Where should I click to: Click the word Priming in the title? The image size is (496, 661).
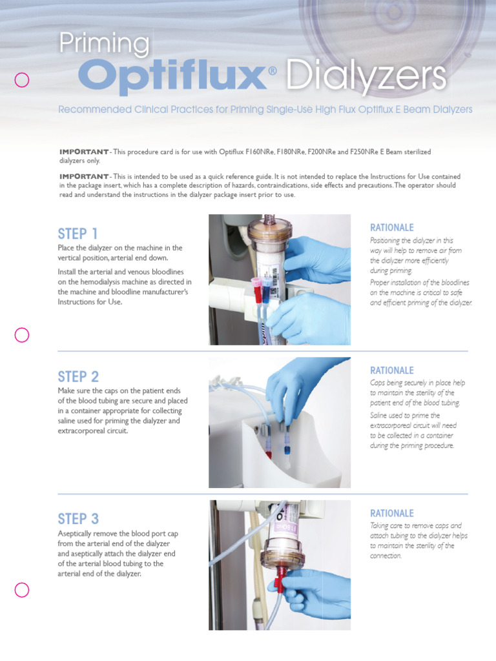click(104, 45)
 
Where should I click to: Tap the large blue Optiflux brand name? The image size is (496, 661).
click(173, 76)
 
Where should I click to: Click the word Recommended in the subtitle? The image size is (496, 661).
click(93, 110)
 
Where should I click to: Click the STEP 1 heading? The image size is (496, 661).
click(78, 234)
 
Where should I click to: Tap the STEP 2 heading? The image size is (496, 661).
click(78, 376)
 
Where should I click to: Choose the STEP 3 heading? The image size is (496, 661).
click(78, 519)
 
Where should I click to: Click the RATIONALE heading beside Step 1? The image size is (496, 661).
click(391, 228)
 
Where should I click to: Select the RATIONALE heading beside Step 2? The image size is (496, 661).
click(391, 371)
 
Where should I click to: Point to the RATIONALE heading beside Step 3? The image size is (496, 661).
click(391, 513)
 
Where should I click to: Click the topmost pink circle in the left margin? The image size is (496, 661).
click(22, 80)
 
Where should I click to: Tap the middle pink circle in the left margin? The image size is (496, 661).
click(22, 334)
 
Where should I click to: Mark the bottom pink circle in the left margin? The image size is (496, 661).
click(22, 589)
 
